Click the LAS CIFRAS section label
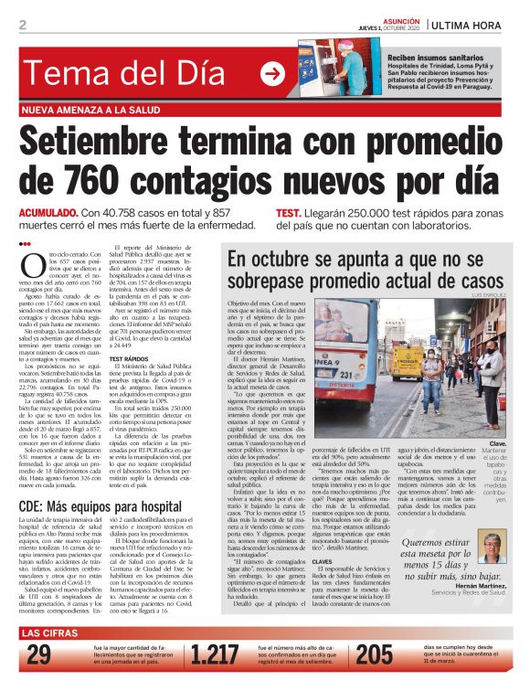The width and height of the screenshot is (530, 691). click(55, 633)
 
